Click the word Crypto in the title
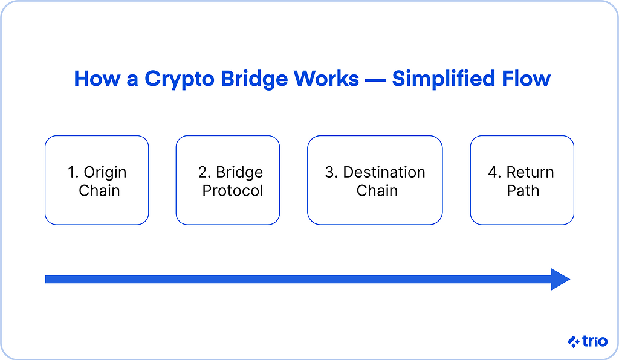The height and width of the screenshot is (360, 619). [x=179, y=79]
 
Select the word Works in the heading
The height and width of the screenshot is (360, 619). [x=326, y=79]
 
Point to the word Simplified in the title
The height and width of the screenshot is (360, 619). [x=443, y=79]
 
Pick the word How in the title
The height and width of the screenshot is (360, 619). [x=97, y=79]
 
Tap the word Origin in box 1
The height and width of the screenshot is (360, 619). [x=105, y=173]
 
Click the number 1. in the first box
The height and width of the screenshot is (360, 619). [x=73, y=172]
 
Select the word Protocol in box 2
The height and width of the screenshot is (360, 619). [x=233, y=191]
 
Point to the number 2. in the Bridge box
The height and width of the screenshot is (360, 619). [x=205, y=172]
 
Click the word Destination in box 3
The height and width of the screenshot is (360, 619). [x=384, y=172]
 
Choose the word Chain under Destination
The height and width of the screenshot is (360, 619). [x=377, y=191]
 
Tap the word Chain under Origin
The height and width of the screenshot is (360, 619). [x=99, y=191]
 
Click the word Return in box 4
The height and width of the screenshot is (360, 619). [x=530, y=172]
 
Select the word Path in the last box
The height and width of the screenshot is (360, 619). [x=523, y=191]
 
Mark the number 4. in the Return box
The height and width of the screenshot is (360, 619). [x=494, y=172]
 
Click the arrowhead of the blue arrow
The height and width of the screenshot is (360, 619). [x=560, y=279]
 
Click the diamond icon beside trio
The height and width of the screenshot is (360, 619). [x=574, y=341]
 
